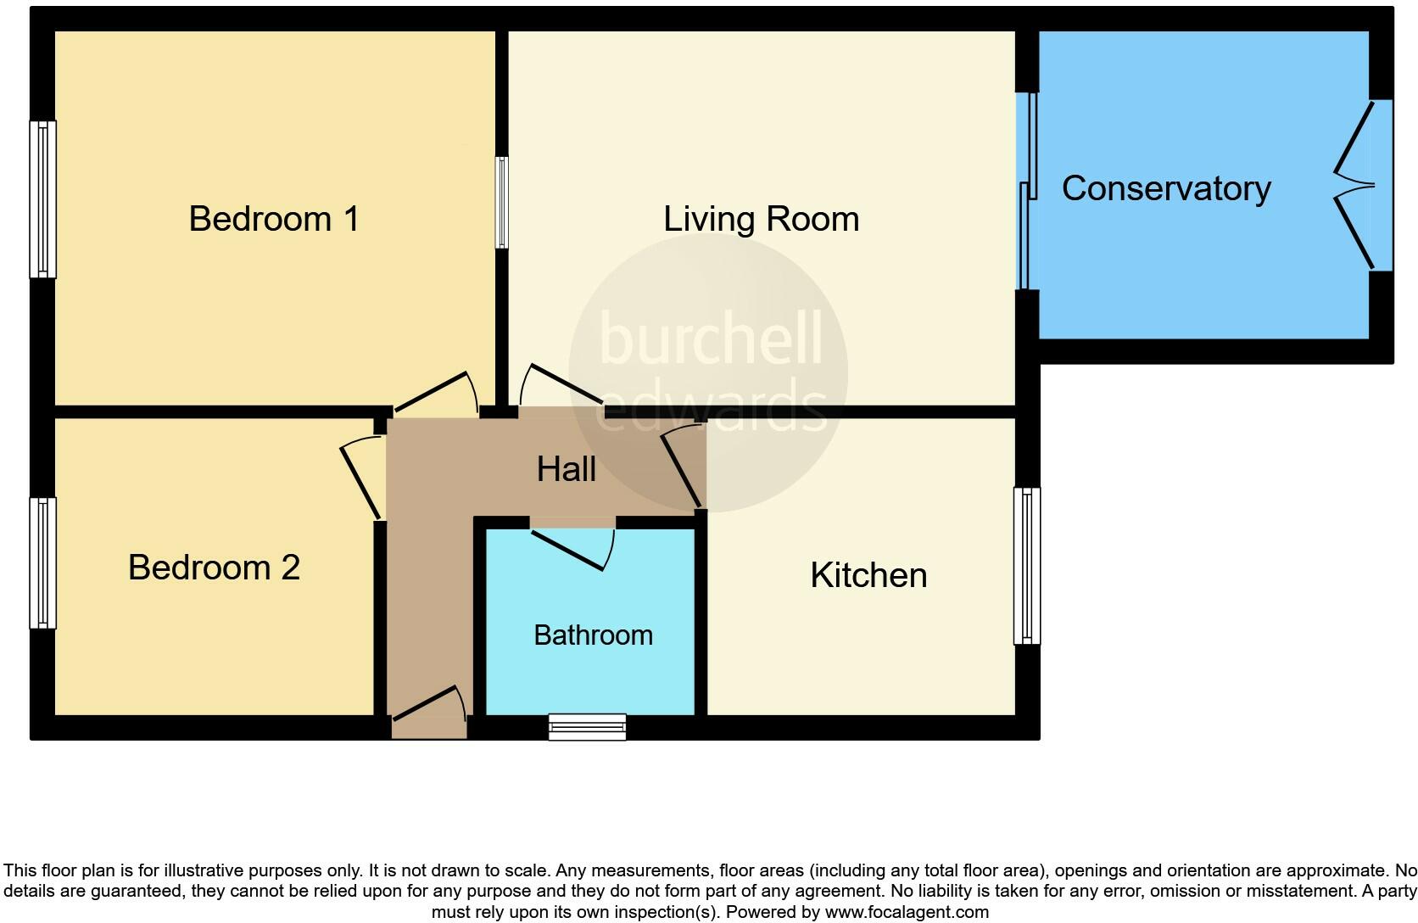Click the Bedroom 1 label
coord(273,219)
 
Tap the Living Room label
coord(761,219)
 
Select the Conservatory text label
coord(1165,188)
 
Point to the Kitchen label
coord(868,575)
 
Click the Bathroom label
coord(593,635)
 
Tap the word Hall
coord(566,469)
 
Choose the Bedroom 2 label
coord(214,567)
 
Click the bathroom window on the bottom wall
coord(587,727)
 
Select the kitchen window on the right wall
coord(1027,565)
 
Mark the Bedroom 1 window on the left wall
coord(43,199)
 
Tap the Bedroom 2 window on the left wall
coord(43,562)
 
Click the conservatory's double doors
coord(1357,185)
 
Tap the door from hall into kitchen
coord(683,467)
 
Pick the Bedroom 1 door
coord(437,394)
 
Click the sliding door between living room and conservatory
coord(1028,191)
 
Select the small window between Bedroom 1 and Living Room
coord(502,202)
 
